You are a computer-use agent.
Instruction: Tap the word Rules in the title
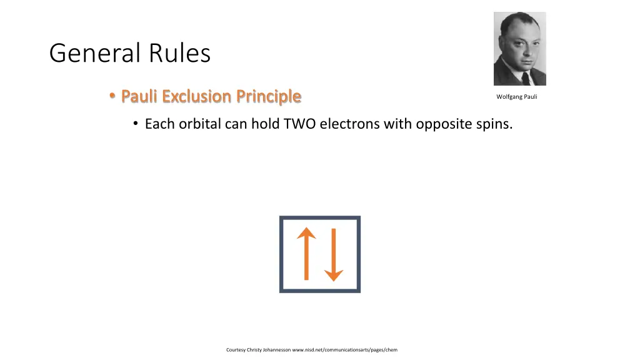179,53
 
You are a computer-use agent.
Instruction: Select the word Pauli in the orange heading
139,96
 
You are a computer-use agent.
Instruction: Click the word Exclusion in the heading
197,96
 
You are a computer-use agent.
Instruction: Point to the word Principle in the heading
269,97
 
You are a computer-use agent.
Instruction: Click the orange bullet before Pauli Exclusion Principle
112,96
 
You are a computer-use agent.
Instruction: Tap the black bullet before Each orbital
136,123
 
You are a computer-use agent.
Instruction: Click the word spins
494,124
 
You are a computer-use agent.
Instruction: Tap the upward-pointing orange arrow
306,254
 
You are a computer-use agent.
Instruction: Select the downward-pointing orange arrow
334,255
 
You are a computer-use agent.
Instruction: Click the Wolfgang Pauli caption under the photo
517,97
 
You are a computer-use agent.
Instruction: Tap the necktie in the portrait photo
525,78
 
